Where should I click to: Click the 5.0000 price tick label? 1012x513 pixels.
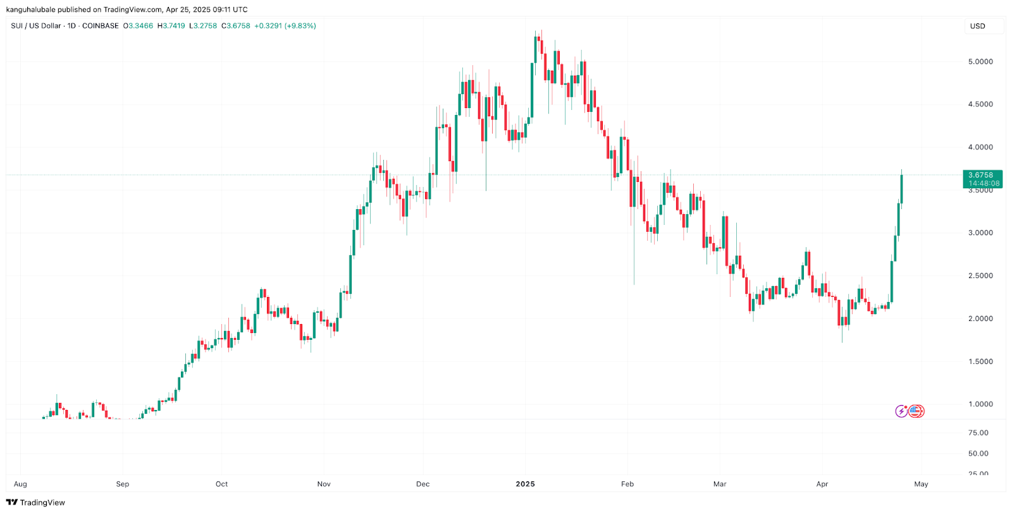[980, 62]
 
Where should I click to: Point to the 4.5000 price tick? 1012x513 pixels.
[980, 104]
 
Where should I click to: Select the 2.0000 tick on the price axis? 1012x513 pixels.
[980, 319]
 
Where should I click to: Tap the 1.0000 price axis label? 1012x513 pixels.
[980, 404]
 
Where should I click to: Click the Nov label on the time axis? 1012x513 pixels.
[324, 485]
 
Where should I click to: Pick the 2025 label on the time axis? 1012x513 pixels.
[525, 485]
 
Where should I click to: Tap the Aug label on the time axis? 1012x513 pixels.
[20, 485]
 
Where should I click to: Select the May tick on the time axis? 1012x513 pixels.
[921, 485]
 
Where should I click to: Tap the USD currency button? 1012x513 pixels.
[978, 27]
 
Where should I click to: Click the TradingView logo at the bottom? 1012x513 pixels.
[36, 503]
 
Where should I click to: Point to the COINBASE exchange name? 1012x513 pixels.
[101, 26]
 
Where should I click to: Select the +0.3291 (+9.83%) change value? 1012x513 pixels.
[285, 26]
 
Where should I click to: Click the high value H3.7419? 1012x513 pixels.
[171, 26]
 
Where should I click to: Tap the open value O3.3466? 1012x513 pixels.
[138, 26]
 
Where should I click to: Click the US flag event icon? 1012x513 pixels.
[916, 411]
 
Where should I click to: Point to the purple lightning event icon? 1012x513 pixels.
[901, 411]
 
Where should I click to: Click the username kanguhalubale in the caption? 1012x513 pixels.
[31, 9]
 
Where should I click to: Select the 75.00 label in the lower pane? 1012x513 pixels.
[978, 433]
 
